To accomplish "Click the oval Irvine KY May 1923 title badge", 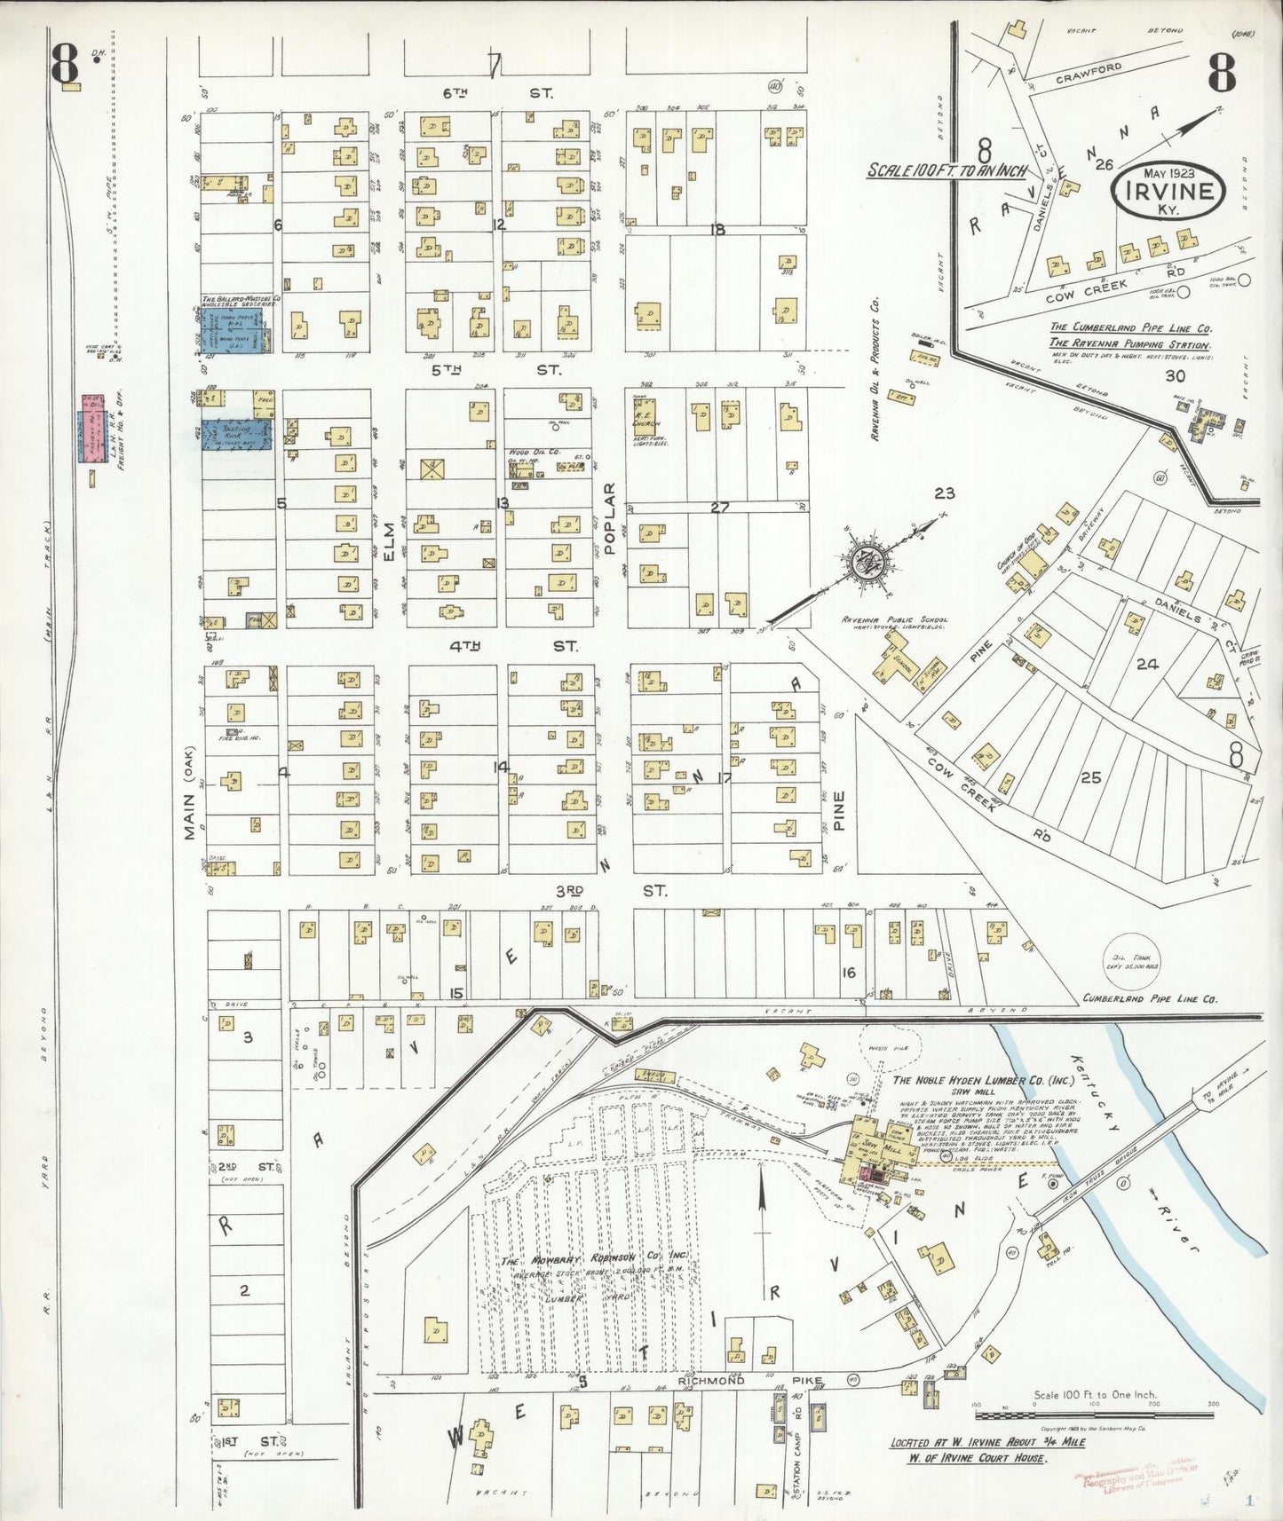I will pyautogui.click(x=1168, y=190).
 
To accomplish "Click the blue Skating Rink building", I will pyautogui.click(x=236, y=434).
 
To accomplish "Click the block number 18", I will pyautogui.click(x=717, y=230).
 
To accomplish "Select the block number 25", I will pyautogui.click(x=1090, y=777).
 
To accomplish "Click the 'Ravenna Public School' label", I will pyautogui.click(x=895, y=620).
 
